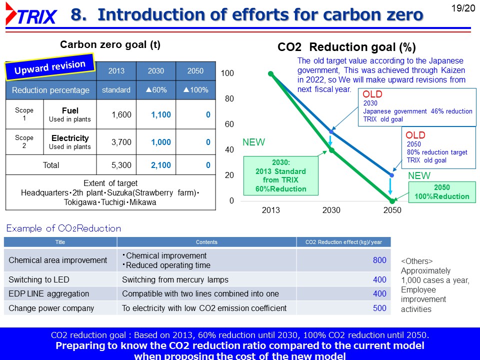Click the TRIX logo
pyautogui.click(x=31, y=14)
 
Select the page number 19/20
pyautogui.click(x=463, y=8)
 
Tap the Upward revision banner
pyautogui.click(x=50, y=67)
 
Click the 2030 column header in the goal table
pyautogui.click(x=156, y=71)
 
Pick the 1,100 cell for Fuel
pyautogui.click(x=161, y=115)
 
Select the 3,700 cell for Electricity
pyautogui.click(x=121, y=142)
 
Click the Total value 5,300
pyautogui.click(x=121, y=165)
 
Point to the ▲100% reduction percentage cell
pyautogui.click(x=195, y=90)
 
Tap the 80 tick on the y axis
pyautogui.click(x=229, y=98)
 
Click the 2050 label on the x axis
pyautogui.click(x=392, y=210)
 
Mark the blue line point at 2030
pyautogui.click(x=331, y=131)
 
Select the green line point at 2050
pyautogui.click(x=392, y=201)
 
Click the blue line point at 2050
pyautogui.click(x=392, y=175)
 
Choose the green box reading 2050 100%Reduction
pyautogui.click(x=442, y=192)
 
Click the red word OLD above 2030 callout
pyautogui.click(x=372, y=94)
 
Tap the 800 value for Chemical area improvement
pyautogui.click(x=379, y=260)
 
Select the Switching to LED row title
pyautogui.click(x=39, y=280)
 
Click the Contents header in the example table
pyautogui.click(x=206, y=242)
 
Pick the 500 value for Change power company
pyautogui.click(x=379, y=308)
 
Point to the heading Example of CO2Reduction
pyautogui.click(x=63, y=228)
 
